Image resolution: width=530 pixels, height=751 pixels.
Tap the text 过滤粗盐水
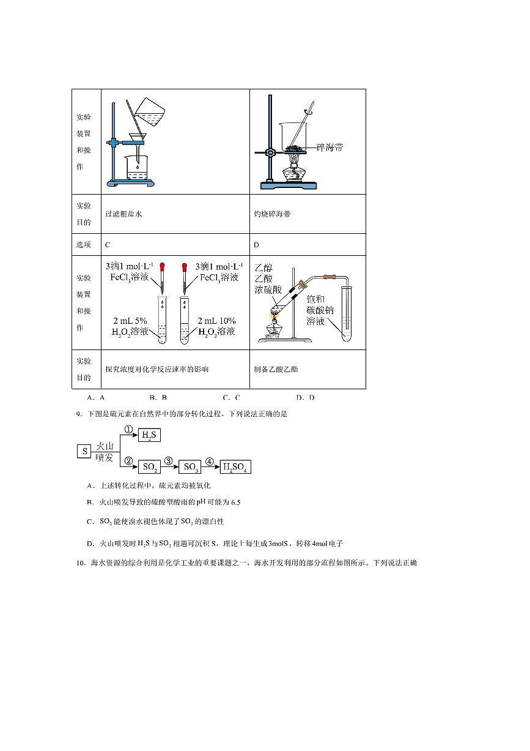[x=123, y=214]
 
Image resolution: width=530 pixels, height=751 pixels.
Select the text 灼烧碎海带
[x=272, y=214]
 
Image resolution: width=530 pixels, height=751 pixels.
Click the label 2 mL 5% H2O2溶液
[x=130, y=326]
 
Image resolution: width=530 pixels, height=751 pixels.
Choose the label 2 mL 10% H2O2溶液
[x=216, y=326]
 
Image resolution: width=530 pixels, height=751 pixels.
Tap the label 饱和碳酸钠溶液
[x=320, y=309]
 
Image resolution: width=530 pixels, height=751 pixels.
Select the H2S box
[x=149, y=435]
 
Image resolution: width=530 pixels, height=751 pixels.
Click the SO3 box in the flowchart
[x=190, y=467]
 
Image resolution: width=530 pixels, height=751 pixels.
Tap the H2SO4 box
[x=235, y=467]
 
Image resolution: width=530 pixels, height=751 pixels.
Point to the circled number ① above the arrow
[x=128, y=430]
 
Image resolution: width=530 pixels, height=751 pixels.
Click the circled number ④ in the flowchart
[x=210, y=462]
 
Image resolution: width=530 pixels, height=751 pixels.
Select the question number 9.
[x=79, y=414]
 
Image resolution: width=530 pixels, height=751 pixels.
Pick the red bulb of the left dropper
[x=163, y=267]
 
